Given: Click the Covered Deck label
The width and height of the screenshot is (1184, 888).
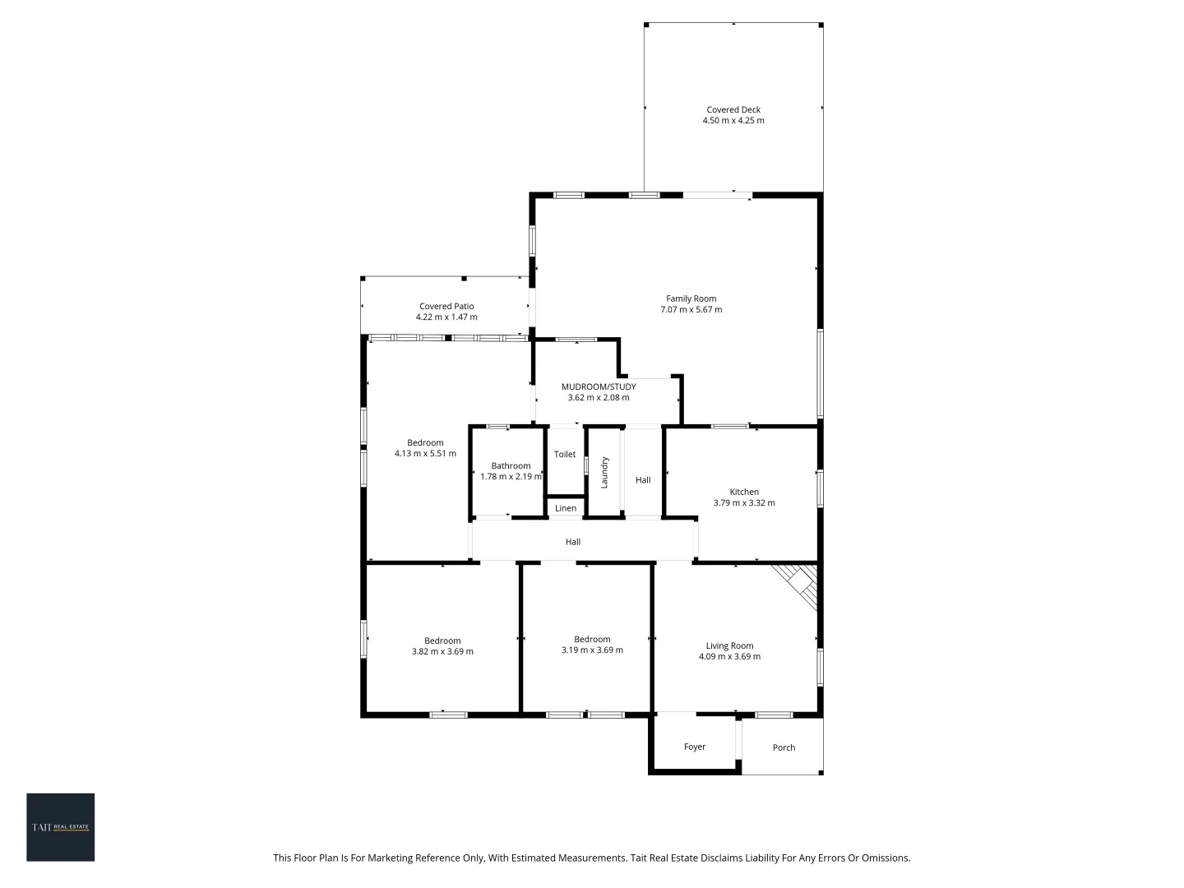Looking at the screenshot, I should click(x=733, y=109).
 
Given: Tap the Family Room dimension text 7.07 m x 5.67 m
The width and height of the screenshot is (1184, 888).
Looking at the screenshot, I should click(x=691, y=310).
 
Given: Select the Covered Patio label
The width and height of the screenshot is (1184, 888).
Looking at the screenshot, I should click(x=446, y=306).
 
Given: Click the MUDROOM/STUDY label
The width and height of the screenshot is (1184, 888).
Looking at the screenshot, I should click(x=599, y=386).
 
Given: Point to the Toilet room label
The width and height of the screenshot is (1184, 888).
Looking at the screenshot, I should click(x=565, y=455).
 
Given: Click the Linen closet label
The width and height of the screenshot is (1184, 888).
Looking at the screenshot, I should click(x=566, y=508).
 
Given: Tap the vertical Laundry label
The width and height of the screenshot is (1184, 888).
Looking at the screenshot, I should click(x=604, y=472).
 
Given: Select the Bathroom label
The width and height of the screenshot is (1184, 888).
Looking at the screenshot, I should click(x=511, y=465).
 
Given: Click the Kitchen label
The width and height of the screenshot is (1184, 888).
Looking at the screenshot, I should click(x=744, y=492).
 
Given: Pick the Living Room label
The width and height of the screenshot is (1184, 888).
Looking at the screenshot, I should click(x=729, y=645).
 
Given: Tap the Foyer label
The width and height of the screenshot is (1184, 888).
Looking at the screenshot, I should click(x=695, y=747).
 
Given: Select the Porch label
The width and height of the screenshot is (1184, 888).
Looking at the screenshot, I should click(x=784, y=747).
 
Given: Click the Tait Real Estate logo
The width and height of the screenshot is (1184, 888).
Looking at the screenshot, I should click(x=61, y=827).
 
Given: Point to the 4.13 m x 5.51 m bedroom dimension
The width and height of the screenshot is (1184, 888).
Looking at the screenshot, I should click(x=425, y=454).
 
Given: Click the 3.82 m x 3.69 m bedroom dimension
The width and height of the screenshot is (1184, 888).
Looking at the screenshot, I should click(x=442, y=652).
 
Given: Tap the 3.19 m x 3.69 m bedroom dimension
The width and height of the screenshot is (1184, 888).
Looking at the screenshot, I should click(x=592, y=650).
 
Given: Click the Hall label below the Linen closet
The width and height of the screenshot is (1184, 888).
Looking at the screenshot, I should click(x=573, y=542).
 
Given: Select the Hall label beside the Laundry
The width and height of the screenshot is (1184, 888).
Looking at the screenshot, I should click(x=643, y=480).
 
